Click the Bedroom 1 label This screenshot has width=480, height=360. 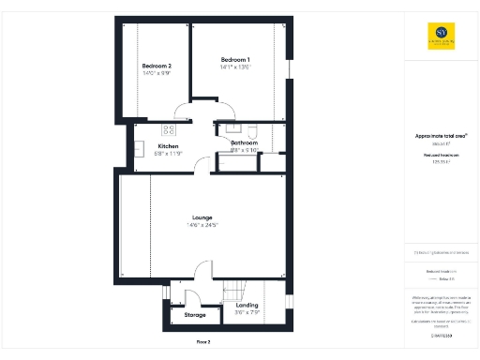tap(235, 58)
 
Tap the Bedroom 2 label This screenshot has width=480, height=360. tap(157, 66)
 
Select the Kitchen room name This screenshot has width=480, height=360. tap(168, 146)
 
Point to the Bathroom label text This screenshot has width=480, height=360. tap(244, 142)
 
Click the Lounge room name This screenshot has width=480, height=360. tap(202, 217)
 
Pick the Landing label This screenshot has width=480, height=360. tap(247, 305)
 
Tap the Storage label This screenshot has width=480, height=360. tap(195, 315)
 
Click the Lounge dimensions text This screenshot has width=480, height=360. tap(202, 225)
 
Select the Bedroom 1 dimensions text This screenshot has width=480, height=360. tap(235, 67)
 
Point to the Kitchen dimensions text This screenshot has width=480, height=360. tap(168, 154)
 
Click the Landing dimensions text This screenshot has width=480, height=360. tap(247, 312)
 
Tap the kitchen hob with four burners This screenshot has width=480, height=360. tap(170, 129)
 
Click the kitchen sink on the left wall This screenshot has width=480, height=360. tap(138, 147)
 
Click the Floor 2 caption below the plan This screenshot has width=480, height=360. tap(202, 342)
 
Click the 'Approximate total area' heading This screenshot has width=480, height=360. tap(441, 135)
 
